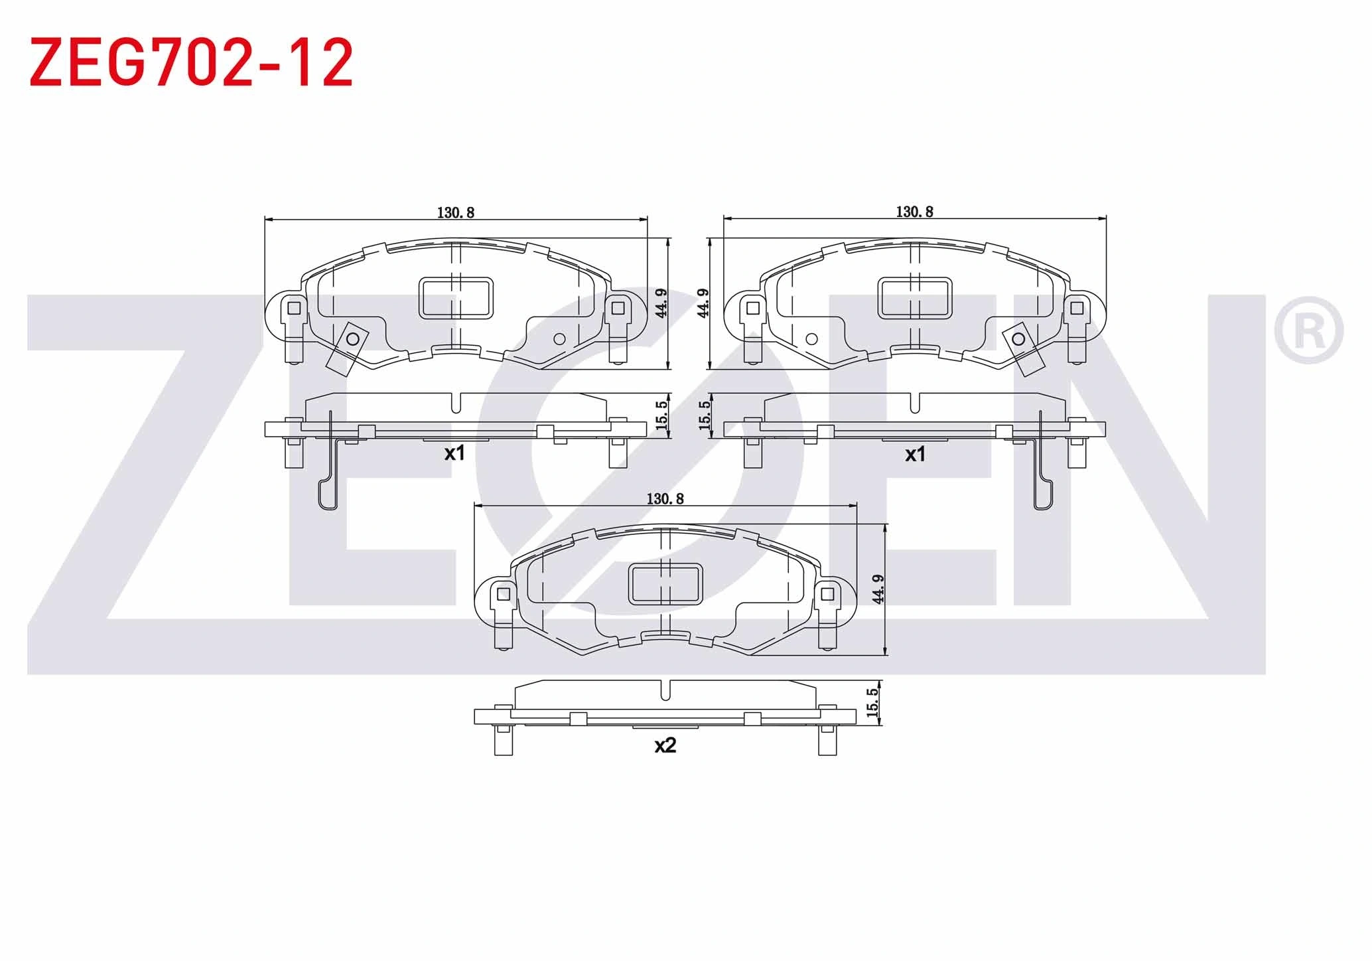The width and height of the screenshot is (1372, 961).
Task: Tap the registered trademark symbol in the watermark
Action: pos(1308,331)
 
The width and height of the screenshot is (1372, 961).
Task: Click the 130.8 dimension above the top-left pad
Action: pos(456,212)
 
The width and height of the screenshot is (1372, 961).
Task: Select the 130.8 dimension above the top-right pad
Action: pos(915,212)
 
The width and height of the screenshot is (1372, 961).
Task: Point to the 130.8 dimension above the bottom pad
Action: pos(665,498)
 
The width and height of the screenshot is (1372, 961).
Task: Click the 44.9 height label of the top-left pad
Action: pos(661,303)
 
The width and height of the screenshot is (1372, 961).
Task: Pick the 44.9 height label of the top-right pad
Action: pos(704,303)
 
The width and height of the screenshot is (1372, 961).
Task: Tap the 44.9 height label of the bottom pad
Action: pos(878,589)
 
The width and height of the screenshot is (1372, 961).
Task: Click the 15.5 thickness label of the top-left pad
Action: pos(661,415)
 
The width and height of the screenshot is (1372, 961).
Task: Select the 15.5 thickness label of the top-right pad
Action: pos(705,415)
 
